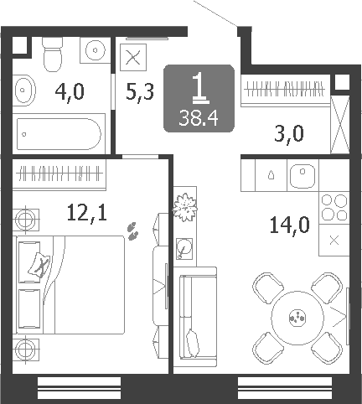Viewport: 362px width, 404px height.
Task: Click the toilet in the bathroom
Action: (x=52, y=54)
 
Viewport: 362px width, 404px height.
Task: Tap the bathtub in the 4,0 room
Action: (x=59, y=134)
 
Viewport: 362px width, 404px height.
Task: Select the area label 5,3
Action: (x=140, y=92)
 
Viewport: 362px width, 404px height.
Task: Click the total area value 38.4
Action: (x=199, y=118)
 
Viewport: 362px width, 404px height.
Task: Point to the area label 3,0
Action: (x=289, y=134)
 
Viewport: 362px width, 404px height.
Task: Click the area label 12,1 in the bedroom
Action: (x=87, y=213)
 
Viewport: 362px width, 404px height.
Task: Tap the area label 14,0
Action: (x=289, y=225)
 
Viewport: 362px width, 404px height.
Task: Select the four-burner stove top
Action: (x=334, y=208)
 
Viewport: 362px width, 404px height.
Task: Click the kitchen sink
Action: (x=303, y=176)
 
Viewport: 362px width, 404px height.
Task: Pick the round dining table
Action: (x=297, y=318)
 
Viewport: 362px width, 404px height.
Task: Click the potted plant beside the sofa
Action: (x=184, y=207)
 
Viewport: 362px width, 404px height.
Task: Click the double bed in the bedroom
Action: (x=70, y=285)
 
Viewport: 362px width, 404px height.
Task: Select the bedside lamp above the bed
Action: (x=26, y=220)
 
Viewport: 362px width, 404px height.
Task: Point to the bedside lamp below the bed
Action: (x=26, y=350)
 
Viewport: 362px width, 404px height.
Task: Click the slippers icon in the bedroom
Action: (x=132, y=230)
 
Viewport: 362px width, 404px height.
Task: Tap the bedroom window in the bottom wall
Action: (x=79, y=388)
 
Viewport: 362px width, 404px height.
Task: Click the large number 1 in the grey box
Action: (x=200, y=88)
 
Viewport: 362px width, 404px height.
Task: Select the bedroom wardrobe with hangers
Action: (x=59, y=174)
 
